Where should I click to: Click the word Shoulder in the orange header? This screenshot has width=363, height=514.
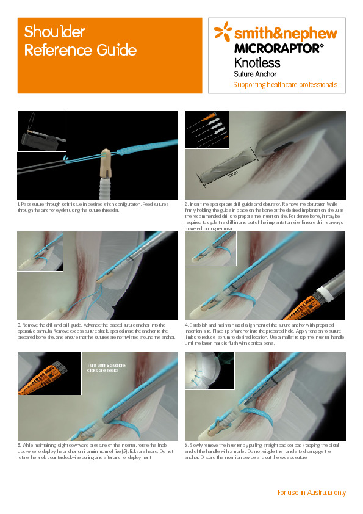pos(54,32)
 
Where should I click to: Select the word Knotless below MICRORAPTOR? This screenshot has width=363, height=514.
pos(257,62)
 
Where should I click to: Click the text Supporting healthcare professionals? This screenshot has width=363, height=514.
pos(285,85)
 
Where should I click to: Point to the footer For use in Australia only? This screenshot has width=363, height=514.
pos(311,493)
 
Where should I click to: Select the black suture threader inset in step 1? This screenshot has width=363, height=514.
pos(41,131)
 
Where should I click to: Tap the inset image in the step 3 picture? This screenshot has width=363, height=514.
pos(40,251)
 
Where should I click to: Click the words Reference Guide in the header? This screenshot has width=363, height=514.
pos(80,50)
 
